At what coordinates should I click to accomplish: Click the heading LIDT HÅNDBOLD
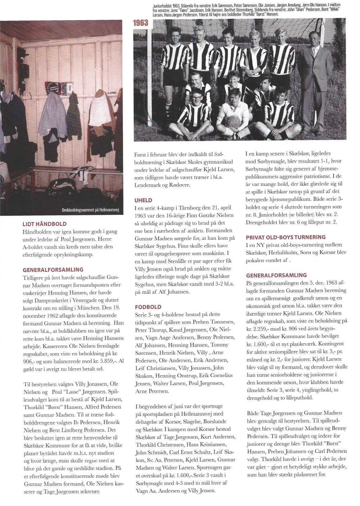click(45, 224)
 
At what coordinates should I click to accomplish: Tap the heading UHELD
click(143, 200)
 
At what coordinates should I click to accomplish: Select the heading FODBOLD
click(148, 307)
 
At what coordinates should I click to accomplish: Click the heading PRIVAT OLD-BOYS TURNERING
click(286, 237)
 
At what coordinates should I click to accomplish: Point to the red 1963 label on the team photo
click(141, 23)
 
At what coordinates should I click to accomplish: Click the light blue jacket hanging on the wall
click(53, 115)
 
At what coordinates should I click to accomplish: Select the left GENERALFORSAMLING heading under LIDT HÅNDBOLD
click(53, 270)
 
